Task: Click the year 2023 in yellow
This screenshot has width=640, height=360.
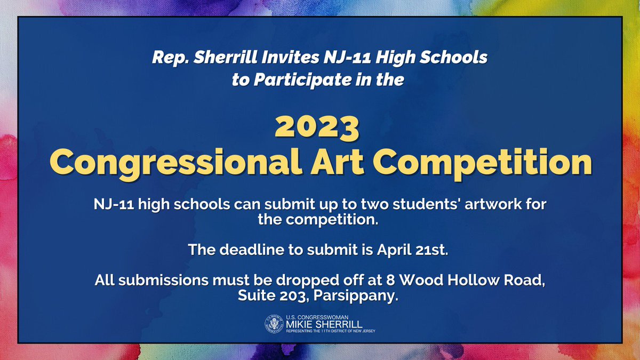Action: pyautogui.click(x=317, y=127)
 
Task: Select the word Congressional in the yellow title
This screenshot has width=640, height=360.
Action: pyautogui.click(x=175, y=163)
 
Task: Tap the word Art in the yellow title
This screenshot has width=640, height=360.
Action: pyautogui.click(x=337, y=162)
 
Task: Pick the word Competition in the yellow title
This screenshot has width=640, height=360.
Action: pyautogui.click(x=483, y=163)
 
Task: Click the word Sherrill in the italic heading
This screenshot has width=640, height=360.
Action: pyautogui.click(x=225, y=58)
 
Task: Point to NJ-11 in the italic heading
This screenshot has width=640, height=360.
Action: pyautogui.click(x=347, y=58)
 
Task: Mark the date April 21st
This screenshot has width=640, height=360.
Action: pyautogui.click(x=412, y=250)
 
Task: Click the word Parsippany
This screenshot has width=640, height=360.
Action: pyautogui.click(x=356, y=296)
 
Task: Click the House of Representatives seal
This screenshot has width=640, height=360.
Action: pyautogui.click(x=274, y=324)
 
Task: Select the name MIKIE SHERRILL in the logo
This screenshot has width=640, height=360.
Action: pyautogui.click(x=324, y=324)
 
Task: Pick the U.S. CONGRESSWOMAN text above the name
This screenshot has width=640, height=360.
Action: pyautogui.click(x=317, y=317)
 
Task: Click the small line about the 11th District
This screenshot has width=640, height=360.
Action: pyautogui.click(x=331, y=331)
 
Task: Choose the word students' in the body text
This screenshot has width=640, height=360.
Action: pyautogui.click(x=427, y=204)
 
